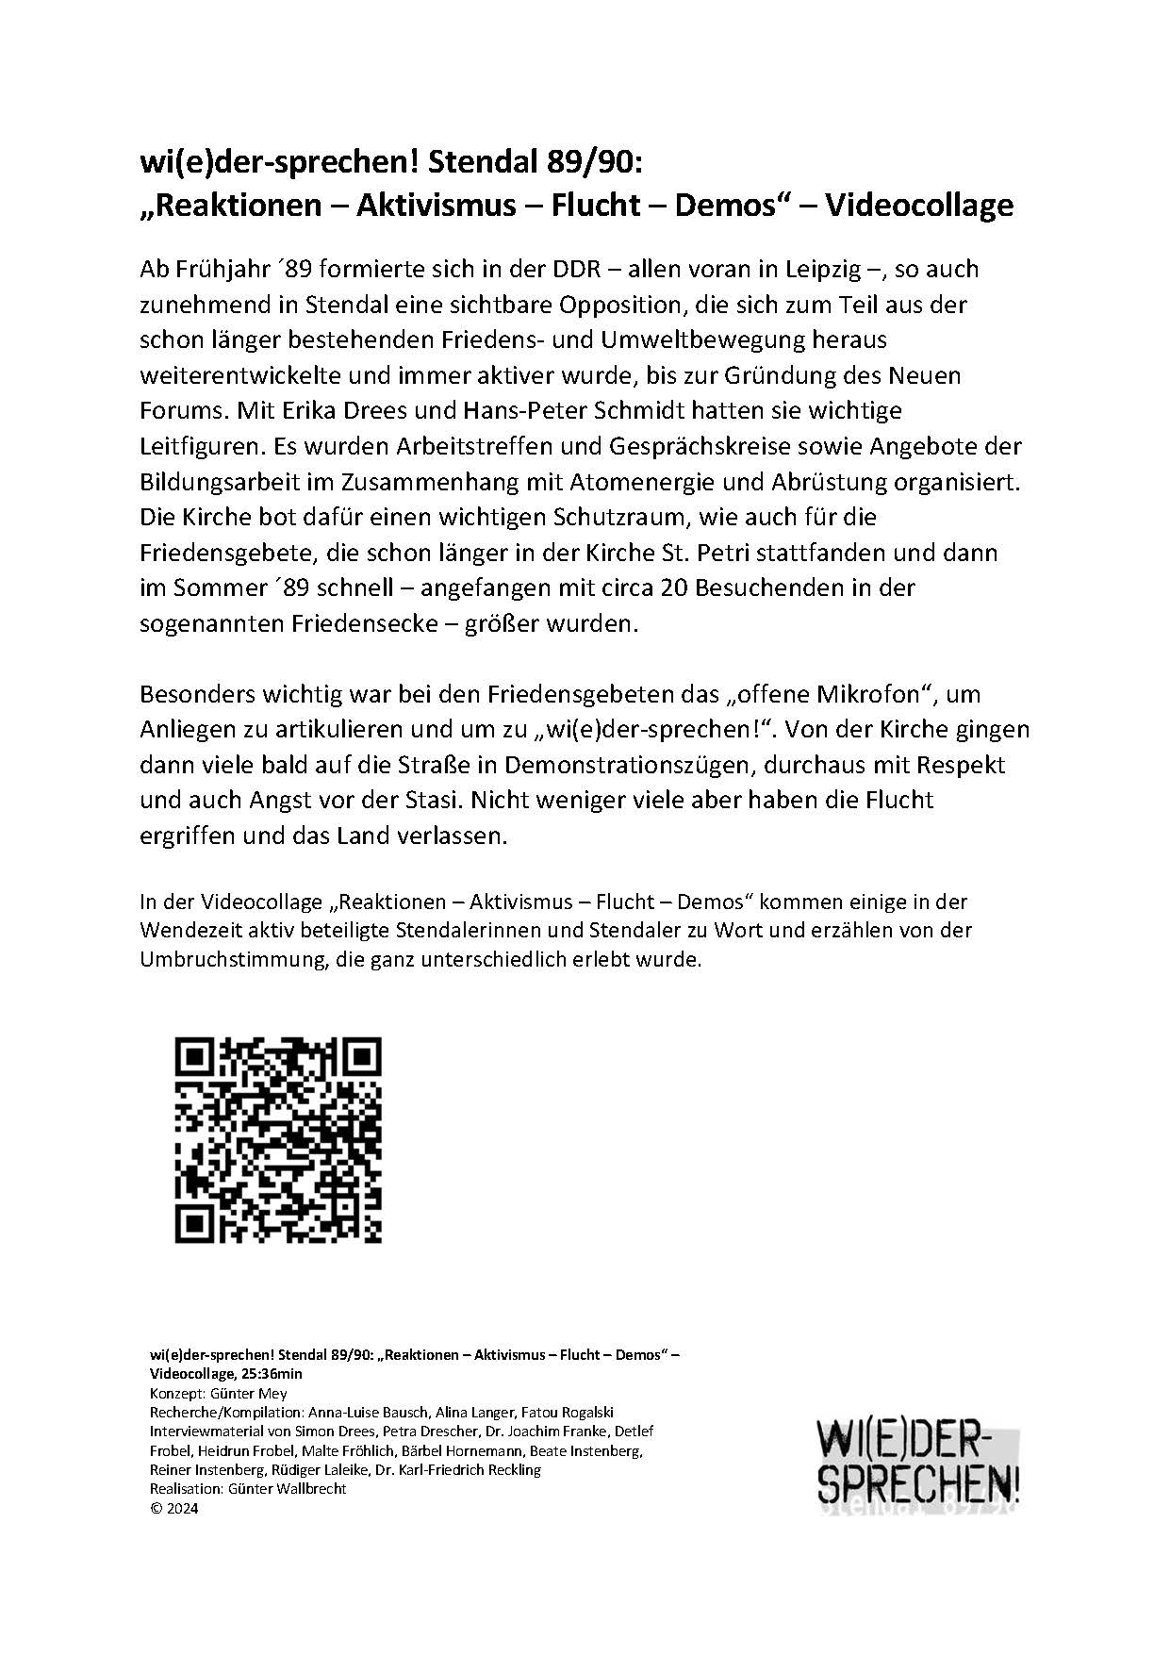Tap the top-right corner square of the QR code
click(x=360, y=1058)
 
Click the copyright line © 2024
click(x=174, y=1507)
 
